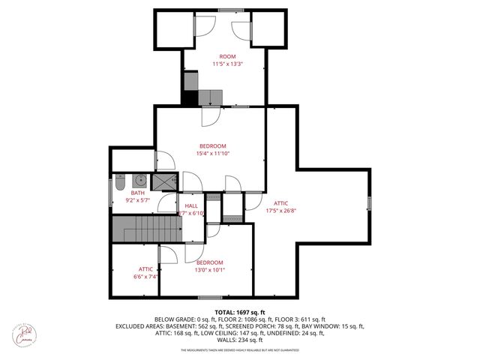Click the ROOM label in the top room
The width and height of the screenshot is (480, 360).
click(x=226, y=56)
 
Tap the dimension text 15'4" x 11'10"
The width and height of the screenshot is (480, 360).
click(x=214, y=153)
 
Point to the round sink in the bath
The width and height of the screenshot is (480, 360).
click(x=139, y=181)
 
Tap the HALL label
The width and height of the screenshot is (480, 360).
click(x=191, y=205)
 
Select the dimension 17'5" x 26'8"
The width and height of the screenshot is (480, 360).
click(x=281, y=210)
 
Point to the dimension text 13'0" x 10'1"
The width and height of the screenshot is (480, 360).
click(x=209, y=270)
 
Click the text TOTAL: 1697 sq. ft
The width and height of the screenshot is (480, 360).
click(x=240, y=312)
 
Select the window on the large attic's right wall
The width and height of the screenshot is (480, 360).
click(x=369, y=203)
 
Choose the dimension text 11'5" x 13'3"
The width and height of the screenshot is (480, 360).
click(x=226, y=64)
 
